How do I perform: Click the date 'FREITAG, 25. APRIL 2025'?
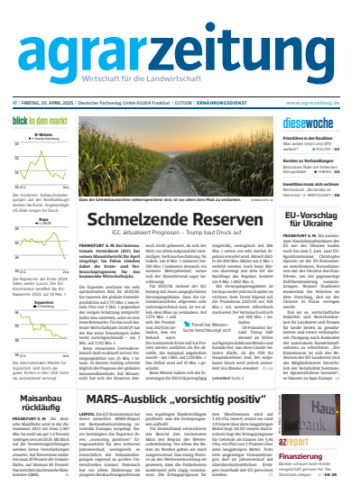click(x=51, y=78)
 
